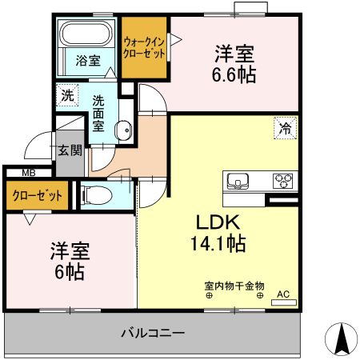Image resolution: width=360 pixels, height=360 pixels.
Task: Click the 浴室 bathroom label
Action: [x=87, y=60]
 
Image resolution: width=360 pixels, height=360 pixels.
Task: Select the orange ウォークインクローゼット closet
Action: [x=144, y=47]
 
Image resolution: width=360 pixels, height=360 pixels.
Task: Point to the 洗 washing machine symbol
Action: [x=67, y=94]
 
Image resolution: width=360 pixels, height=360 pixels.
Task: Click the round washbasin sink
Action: [x=124, y=129]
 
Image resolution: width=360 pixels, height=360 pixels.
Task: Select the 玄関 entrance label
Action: [x=70, y=150]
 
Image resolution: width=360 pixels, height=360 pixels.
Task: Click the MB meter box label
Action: [x=28, y=173]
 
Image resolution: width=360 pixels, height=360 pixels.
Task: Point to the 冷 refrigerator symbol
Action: [x=284, y=126]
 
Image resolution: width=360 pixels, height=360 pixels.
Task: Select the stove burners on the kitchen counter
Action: [x=283, y=179]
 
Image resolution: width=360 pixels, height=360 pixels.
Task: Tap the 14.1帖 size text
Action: [x=217, y=242]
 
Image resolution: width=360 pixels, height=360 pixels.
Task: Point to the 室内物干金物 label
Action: [x=234, y=285]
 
